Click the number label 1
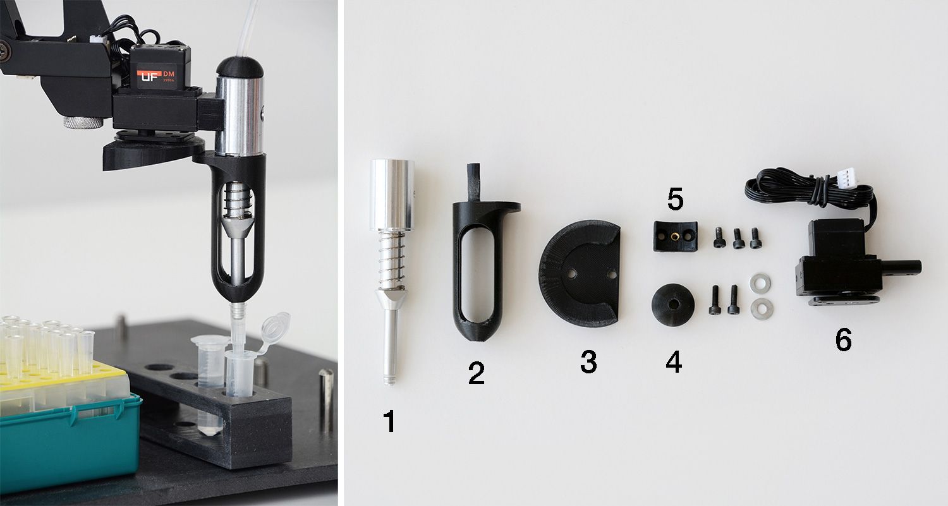pos(389,421)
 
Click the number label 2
pos(476,373)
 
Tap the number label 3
pos(588,361)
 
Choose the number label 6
pos(843,340)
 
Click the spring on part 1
pos(392,259)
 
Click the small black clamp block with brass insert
pos(676,236)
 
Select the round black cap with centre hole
pos(672,305)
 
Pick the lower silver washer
pos(762,309)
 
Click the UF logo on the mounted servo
pos(149,79)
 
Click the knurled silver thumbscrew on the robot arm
pos(83,122)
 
